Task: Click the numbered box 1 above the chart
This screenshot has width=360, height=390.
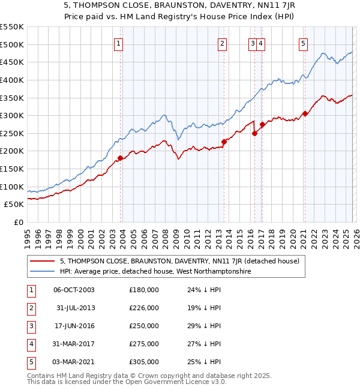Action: (x=118, y=43)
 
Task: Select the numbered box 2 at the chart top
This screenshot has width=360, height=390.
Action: (x=222, y=43)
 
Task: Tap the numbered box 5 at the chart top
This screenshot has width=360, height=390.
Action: (x=304, y=43)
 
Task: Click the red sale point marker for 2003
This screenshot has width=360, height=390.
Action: (x=120, y=158)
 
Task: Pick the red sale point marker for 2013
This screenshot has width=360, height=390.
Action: (x=224, y=142)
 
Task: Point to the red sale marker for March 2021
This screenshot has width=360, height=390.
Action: (x=305, y=113)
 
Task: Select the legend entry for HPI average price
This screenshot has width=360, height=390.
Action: (x=155, y=271)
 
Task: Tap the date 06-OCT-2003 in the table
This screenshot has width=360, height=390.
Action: (x=74, y=290)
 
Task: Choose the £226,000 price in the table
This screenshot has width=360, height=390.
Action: (x=144, y=308)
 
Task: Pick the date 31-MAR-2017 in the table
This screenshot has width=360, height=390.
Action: (x=74, y=344)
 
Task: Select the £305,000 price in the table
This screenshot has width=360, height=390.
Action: (x=144, y=362)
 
